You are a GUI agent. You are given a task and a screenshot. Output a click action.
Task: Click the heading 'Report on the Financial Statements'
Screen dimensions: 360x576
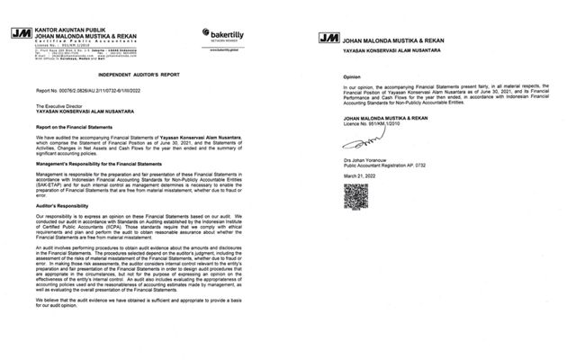(78, 126)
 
